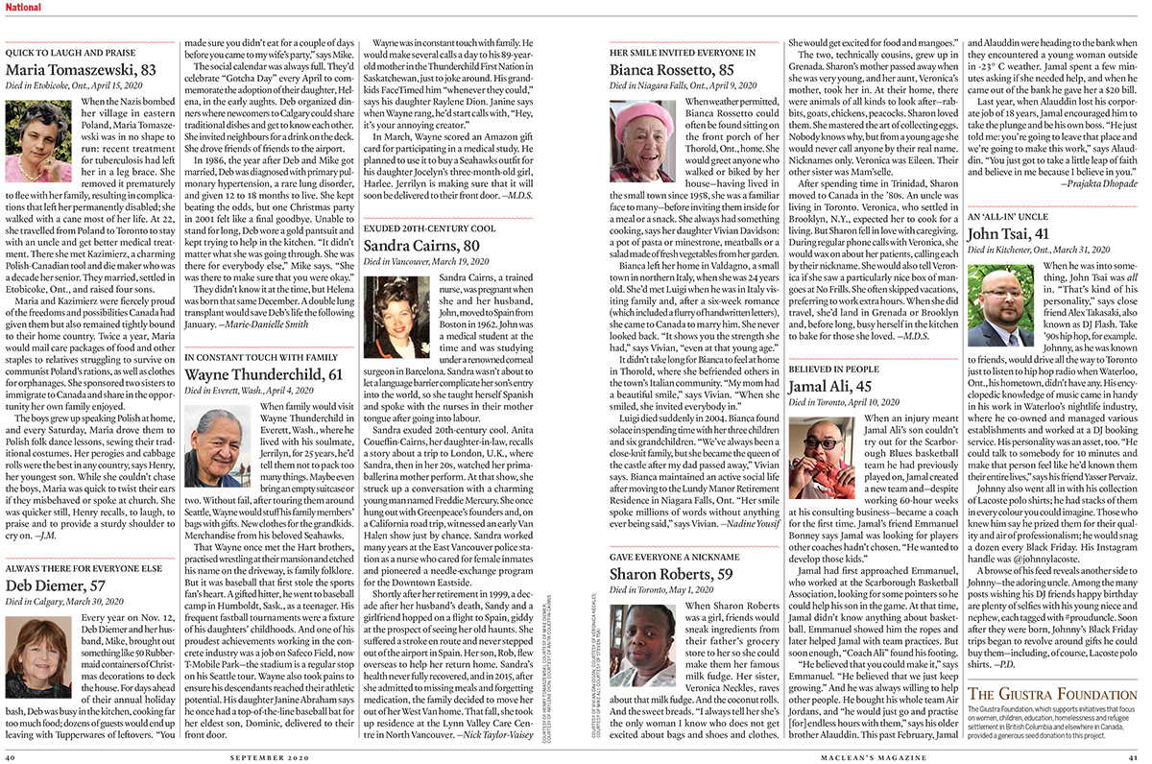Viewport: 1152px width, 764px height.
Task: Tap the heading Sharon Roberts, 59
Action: [x=671, y=574]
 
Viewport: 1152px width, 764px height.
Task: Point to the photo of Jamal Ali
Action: [x=821, y=456]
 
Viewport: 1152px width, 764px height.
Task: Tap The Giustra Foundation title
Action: [x=1046, y=694]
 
